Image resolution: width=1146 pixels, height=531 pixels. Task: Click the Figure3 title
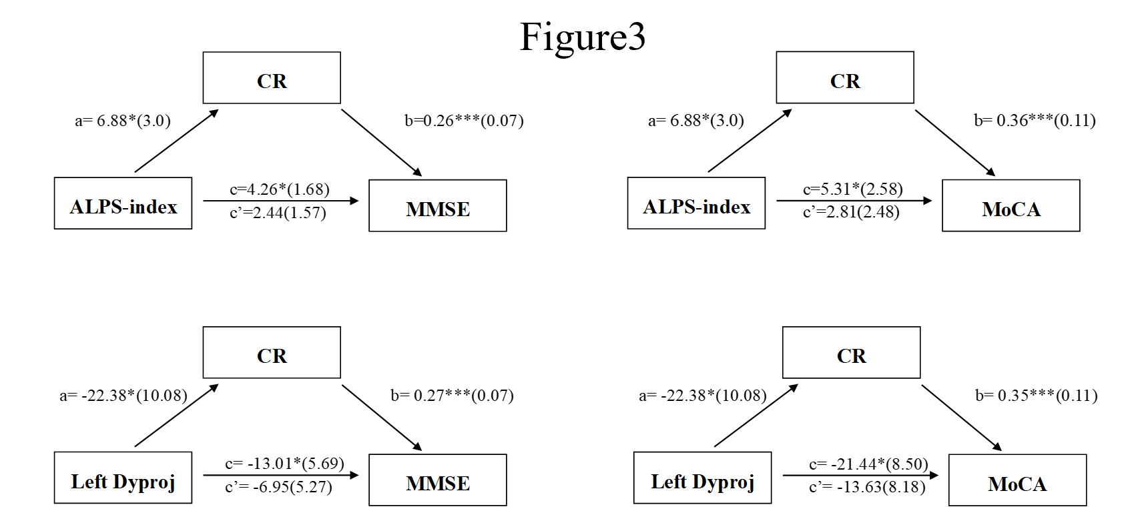(583, 37)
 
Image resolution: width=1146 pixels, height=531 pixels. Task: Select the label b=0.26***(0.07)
(464, 121)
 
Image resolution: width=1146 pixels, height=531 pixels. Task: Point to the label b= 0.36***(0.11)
(1035, 121)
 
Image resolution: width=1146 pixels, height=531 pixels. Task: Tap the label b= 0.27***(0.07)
(452, 396)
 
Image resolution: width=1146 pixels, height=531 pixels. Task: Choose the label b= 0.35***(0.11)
(1036, 396)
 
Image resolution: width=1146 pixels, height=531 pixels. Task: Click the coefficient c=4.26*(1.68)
(280, 189)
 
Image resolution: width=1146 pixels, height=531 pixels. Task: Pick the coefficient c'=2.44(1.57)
(278, 213)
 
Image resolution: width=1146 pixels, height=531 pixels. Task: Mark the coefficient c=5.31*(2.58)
(853, 189)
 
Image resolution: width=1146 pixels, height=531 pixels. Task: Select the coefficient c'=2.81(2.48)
(851, 212)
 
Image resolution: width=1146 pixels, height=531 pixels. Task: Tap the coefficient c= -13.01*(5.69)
(284, 464)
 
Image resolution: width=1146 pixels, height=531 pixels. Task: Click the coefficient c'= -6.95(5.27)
(278, 487)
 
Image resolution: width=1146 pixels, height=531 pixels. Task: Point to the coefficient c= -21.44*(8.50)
(868, 464)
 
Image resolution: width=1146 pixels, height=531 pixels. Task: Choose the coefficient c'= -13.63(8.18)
(867, 487)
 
